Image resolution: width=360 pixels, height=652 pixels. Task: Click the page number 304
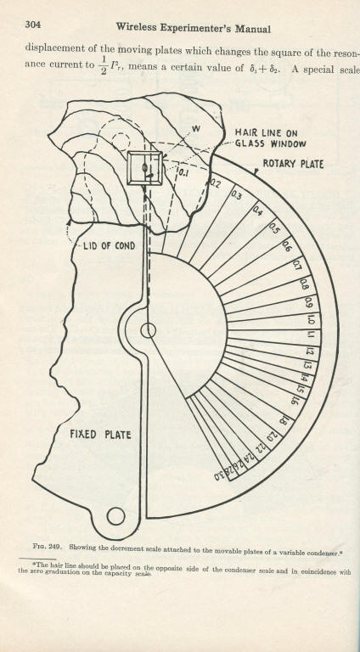pyautogui.click(x=33, y=25)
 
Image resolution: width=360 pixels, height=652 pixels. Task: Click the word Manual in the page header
pyautogui.click(x=253, y=29)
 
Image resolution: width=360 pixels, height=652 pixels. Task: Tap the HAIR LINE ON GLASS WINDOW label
pyautogui.click(x=271, y=138)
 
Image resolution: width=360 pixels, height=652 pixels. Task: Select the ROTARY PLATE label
pyautogui.click(x=293, y=164)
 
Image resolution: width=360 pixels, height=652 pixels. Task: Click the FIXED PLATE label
pyautogui.click(x=100, y=435)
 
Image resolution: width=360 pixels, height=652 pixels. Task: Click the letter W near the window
pyautogui.click(x=196, y=129)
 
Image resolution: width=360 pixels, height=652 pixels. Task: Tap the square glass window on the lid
pyautogui.click(x=144, y=168)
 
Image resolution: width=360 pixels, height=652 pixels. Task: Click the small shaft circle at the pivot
pyautogui.click(x=148, y=330)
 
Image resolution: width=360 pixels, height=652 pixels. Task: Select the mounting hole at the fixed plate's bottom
pyautogui.click(x=115, y=516)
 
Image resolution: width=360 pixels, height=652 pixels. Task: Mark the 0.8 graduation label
pyautogui.click(x=304, y=285)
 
